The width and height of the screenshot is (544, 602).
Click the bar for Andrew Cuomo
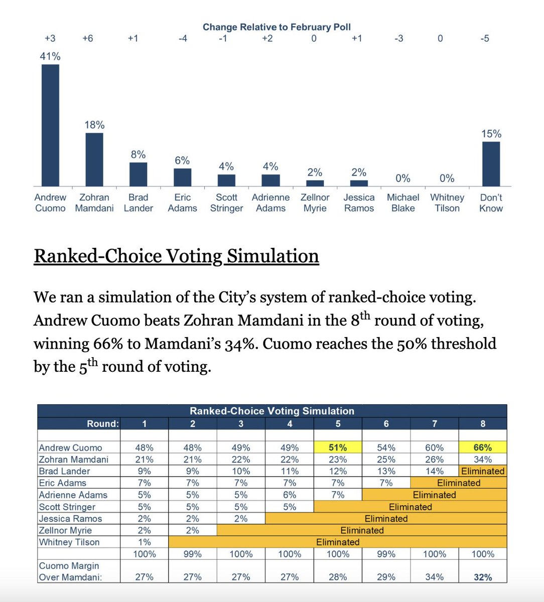[50, 125]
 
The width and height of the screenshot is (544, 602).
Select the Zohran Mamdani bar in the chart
[94, 160]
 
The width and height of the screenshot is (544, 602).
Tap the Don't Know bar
[491, 164]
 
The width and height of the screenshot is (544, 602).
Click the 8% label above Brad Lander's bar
[138, 155]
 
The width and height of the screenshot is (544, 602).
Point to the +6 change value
[88, 39]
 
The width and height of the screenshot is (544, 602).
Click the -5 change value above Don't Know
[484, 39]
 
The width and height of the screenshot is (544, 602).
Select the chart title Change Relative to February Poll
[277, 27]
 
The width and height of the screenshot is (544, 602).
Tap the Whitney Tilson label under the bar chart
[447, 203]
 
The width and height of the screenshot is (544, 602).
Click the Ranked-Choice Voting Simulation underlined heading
[176, 256]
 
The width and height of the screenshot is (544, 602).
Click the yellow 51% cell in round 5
[338, 447]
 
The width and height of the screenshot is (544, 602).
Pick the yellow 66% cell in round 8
[483, 447]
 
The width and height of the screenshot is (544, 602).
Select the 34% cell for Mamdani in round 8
[483, 460]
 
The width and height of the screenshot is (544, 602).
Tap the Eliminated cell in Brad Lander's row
[483, 471]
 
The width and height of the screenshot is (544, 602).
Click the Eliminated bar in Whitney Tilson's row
[338, 542]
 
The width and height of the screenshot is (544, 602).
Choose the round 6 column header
[386, 424]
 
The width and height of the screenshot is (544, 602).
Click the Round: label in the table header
[103, 424]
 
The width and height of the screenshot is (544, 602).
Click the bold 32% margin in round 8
[483, 577]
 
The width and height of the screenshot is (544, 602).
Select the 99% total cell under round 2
[193, 554]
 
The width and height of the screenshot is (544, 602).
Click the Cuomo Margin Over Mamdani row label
[70, 571]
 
